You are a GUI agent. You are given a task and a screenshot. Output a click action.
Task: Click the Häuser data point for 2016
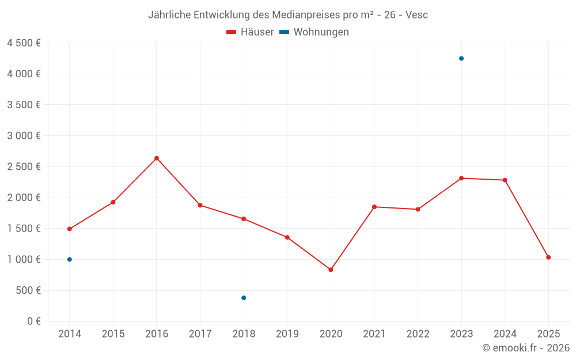[157, 158]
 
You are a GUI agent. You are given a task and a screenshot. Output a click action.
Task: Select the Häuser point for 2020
[331, 270]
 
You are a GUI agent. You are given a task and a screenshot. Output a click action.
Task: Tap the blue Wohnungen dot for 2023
[461, 58]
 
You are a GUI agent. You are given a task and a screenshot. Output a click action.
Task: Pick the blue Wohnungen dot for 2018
[244, 298]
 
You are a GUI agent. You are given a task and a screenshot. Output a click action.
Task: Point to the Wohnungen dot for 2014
[70, 259]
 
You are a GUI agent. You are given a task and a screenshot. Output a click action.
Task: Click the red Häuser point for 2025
[548, 257]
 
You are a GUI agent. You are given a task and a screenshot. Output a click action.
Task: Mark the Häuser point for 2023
[461, 178]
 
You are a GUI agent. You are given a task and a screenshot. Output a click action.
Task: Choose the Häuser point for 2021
[374, 207]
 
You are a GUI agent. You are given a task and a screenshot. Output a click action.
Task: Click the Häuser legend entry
[250, 32]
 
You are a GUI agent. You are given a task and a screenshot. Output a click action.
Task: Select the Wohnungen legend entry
[314, 32]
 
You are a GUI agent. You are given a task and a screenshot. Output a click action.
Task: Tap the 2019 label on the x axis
[287, 334]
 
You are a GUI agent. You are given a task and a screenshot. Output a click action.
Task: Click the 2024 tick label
[505, 334]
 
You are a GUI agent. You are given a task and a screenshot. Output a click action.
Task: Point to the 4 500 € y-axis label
[24, 43]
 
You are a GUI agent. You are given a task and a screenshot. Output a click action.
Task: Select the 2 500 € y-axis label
[24, 166]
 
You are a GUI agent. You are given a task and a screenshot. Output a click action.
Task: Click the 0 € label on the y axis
[33, 321]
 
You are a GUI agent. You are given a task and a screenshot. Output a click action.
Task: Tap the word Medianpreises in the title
[310, 14]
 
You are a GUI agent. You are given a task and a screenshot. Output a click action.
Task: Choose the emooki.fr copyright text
[526, 348]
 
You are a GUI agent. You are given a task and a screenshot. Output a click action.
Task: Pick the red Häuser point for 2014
[70, 229]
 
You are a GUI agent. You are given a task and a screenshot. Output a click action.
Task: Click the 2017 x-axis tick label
[200, 334]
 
